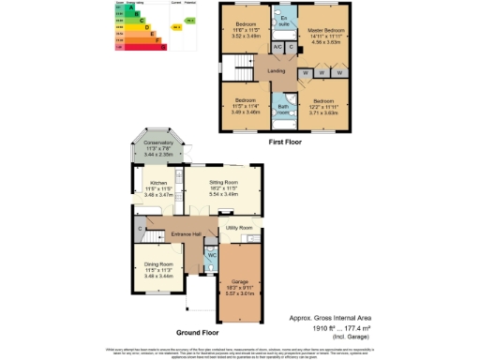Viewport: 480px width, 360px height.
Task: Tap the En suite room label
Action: (283, 19)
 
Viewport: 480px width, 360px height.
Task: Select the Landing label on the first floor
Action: (276, 70)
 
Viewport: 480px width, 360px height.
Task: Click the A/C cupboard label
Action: (277, 46)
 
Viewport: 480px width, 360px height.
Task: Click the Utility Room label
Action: (239, 228)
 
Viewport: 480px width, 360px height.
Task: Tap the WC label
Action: (211, 254)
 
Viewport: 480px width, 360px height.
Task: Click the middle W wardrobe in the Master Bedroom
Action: (321, 73)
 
